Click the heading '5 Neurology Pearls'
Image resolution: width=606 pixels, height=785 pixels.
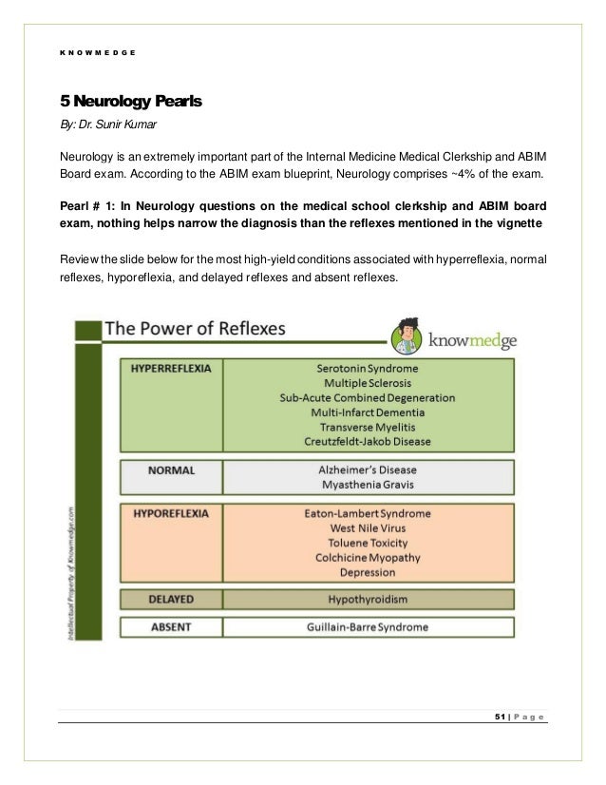pos(133,99)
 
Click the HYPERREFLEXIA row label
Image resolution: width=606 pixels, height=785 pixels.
pos(171,365)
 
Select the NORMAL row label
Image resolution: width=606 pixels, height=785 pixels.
pos(171,469)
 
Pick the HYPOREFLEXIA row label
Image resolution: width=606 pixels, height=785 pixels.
pos(171,513)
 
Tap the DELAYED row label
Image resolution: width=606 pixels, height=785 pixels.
pos(171,600)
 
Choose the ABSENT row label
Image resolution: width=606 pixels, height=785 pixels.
pos(171,627)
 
